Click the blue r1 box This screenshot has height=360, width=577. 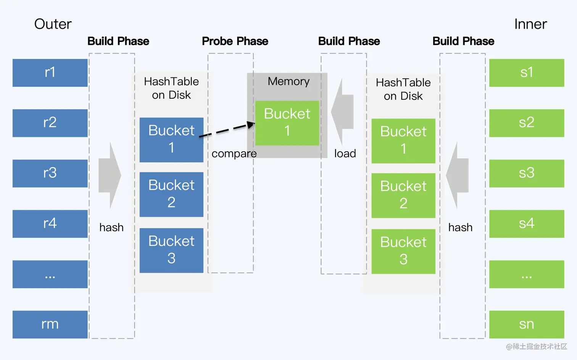(x=50, y=72)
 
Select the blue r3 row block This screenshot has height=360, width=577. (x=50, y=173)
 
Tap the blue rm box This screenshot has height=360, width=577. (x=50, y=324)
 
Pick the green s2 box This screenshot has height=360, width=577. (x=526, y=123)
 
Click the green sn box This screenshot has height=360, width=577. (x=526, y=324)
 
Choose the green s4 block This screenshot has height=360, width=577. (x=526, y=223)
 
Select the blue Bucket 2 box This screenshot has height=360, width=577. (x=171, y=194)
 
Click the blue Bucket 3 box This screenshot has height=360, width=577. (x=171, y=250)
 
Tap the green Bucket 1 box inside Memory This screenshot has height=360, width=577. (x=287, y=123)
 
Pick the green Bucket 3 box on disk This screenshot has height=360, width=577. (x=403, y=251)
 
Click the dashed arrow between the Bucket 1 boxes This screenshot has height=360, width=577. (x=227, y=130)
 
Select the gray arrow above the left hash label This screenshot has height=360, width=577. (x=110, y=175)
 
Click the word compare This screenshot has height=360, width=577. (x=234, y=154)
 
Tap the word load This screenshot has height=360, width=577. (x=345, y=154)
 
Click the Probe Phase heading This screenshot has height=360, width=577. (x=235, y=41)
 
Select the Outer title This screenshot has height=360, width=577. (x=53, y=24)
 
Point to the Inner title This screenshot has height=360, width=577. (x=530, y=24)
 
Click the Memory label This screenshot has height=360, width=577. (x=288, y=81)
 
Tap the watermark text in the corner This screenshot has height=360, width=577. (x=536, y=346)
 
